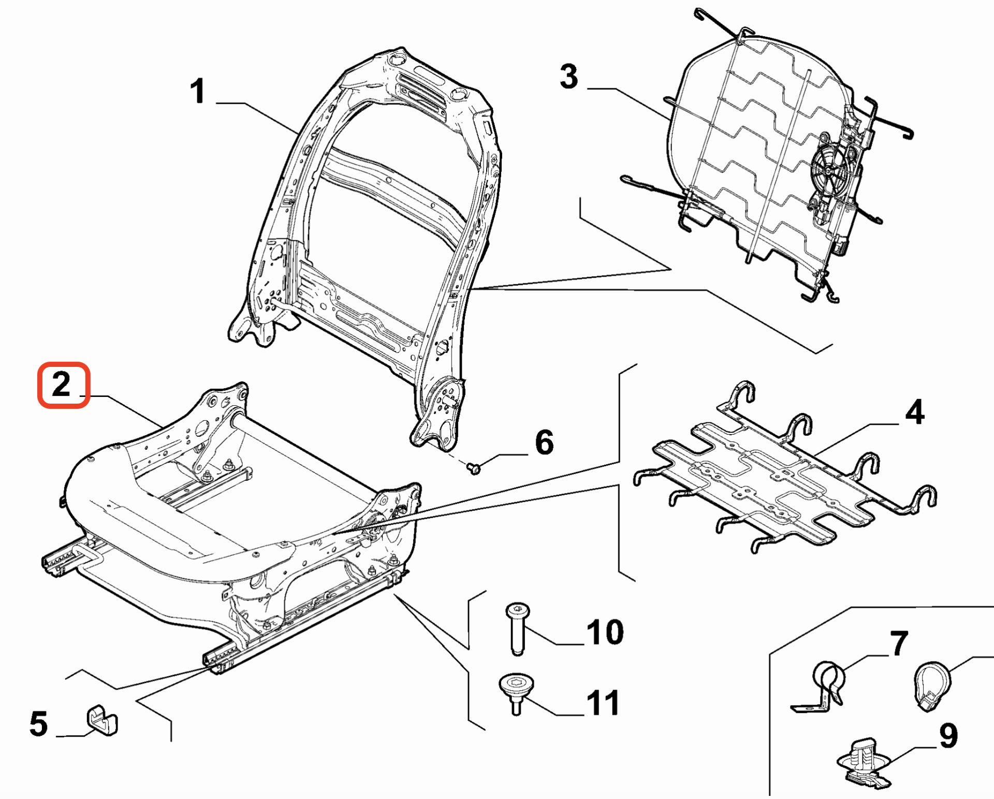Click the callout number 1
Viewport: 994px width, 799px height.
click(x=197, y=92)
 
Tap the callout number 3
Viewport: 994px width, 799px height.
click(x=568, y=77)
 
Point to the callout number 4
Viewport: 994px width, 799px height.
click(x=915, y=412)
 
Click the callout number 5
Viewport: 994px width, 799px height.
click(x=39, y=724)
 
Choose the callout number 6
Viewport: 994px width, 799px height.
click(x=544, y=443)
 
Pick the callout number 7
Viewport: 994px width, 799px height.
click(x=899, y=643)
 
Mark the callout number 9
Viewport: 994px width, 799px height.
click(x=948, y=736)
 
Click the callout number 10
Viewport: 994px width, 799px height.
click(x=605, y=632)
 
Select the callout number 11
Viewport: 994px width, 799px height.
click(x=603, y=703)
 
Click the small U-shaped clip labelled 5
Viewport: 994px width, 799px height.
click(x=102, y=720)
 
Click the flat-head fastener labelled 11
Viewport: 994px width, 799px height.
click(x=516, y=692)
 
